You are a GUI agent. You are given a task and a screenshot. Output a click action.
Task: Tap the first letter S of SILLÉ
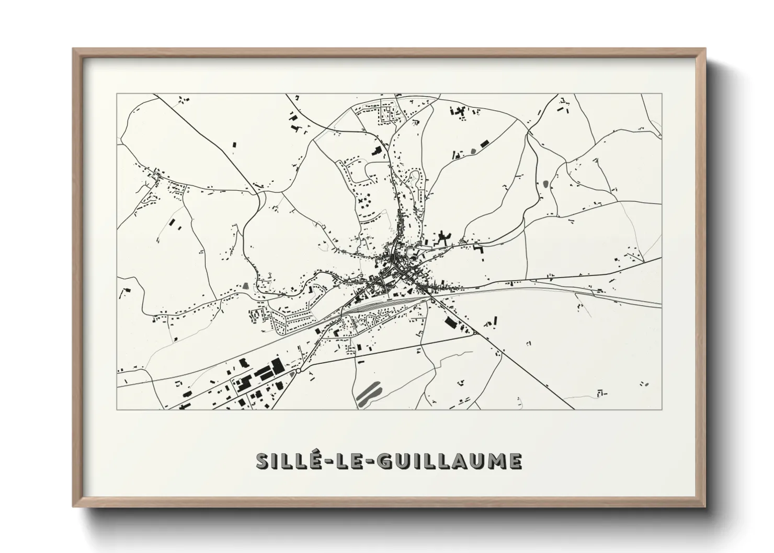tap(264, 462)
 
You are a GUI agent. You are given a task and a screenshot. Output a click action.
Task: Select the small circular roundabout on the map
tap(298, 371)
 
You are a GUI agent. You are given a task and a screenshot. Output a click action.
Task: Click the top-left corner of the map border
tap(117, 94)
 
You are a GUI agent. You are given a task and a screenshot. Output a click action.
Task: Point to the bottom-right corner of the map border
tap(662, 410)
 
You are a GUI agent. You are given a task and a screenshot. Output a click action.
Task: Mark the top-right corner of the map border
tap(662, 94)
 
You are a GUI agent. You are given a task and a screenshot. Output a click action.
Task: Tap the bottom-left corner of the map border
tap(117, 410)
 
